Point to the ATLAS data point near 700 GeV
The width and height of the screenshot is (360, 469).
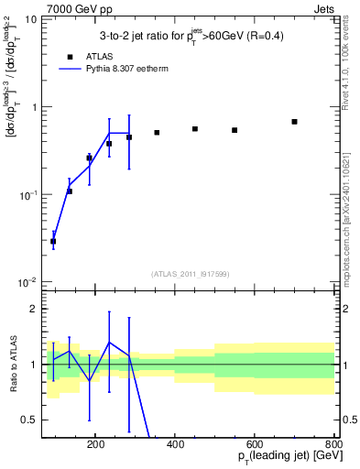pyautogui.click(x=294, y=122)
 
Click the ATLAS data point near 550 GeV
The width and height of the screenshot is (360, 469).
pyautogui.click(x=235, y=130)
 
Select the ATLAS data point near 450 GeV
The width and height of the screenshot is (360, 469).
pyautogui.click(x=195, y=129)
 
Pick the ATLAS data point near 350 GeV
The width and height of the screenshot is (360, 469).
pyautogui.click(x=157, y=133)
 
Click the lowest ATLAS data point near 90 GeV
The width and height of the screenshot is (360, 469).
pyautogui.click(x=53, y=241)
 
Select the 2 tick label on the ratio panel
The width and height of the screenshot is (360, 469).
pyautogui.click(x=33, y=310)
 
